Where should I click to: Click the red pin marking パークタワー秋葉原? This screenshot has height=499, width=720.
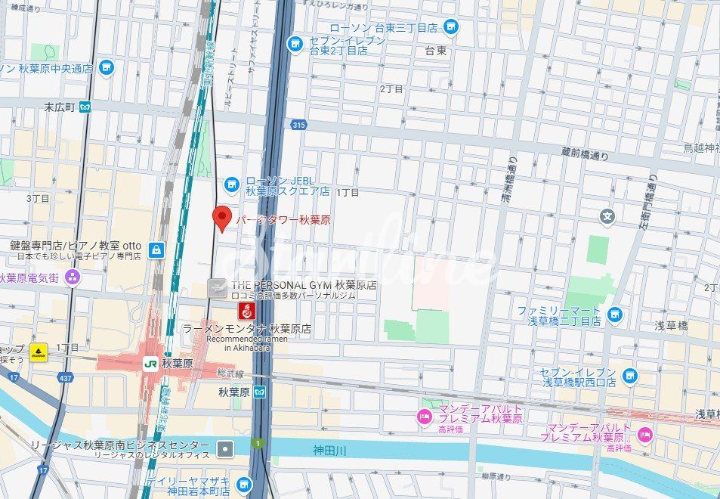(x=221, y=218)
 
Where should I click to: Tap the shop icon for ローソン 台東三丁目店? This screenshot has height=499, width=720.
(x=450, y=28)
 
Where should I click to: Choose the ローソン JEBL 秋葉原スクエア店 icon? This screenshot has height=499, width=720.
(x=232, y=184)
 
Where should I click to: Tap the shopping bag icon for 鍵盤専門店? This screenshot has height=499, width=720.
(x=156, y=249)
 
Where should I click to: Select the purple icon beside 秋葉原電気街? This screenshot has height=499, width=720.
(x=73, y=277)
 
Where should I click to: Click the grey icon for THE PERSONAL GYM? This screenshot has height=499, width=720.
(x=218, y=287)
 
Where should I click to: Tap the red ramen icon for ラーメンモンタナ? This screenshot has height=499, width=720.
(x=245, y=311)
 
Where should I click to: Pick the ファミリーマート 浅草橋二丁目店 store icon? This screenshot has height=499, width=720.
(x=615, y=315)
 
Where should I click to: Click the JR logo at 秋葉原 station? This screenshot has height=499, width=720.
(x=150, y=363)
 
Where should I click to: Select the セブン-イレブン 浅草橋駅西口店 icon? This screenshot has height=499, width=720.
(x=629, y=376)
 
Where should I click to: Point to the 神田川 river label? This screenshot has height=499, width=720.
(x=329, y=451)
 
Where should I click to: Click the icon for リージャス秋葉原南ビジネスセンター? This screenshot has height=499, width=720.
(x=224, y=449)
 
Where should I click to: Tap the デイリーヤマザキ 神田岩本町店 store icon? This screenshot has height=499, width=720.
(x=243, y=485)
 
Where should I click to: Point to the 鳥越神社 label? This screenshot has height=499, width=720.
(x=701, y=147)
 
